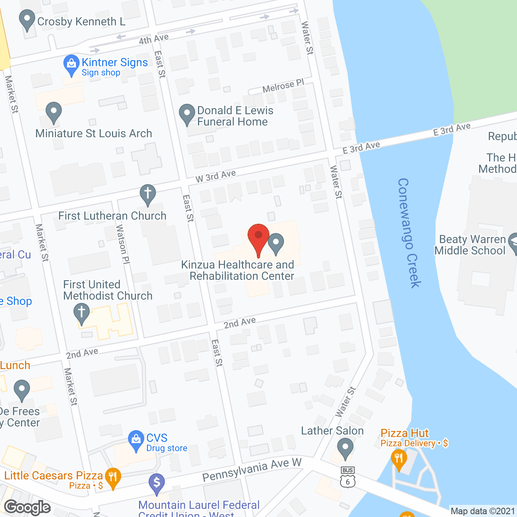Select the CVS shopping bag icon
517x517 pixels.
[136, 440]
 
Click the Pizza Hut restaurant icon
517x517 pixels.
[399, 459]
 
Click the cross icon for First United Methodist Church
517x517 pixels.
[82, 313]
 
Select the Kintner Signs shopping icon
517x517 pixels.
[71, 64]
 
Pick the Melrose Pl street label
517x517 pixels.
[283, 86]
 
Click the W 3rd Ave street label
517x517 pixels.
[216, 176]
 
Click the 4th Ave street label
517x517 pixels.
[153, 39]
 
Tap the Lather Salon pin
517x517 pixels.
[345, 448]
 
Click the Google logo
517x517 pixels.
[27, 507]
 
